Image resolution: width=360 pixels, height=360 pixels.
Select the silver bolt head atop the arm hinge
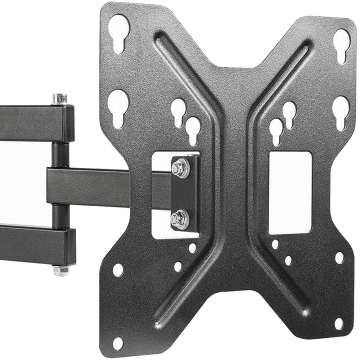[x=59, y=99]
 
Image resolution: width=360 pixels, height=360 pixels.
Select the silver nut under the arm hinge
[x=60, y=270]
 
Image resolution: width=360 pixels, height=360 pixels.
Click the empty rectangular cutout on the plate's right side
[x=290, y=193]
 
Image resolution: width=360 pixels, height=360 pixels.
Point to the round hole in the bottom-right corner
[x=339, y=324]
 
